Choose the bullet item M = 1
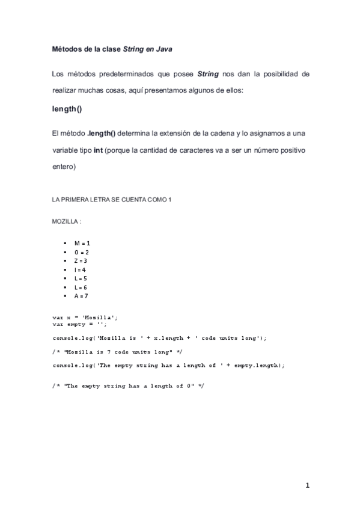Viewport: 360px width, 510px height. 82,243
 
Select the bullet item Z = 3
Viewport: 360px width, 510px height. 81,261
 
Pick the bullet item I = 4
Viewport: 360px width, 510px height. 81,270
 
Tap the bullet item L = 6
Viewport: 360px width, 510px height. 81,287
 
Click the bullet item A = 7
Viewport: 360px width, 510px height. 81,296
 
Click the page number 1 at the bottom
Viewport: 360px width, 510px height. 307,486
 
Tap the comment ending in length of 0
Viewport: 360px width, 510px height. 127,385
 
